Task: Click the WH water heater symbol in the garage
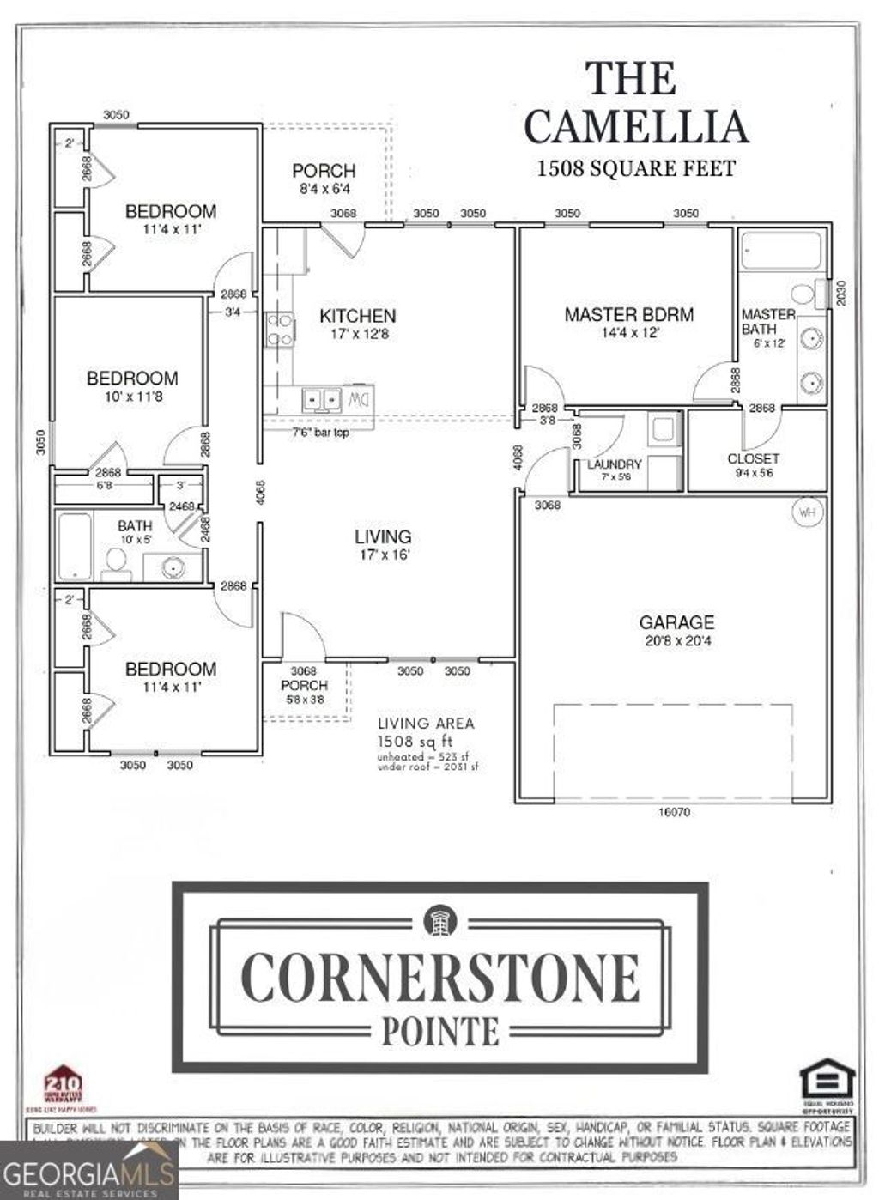(x=807, y=512)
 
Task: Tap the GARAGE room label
(x=676, y=622)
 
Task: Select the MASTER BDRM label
(x=629, y=315)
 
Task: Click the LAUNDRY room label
(x=615, y=464)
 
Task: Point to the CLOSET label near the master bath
(x=753, y=458)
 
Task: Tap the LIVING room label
(x=383, y=536)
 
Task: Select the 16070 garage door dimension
(x=674, y=812)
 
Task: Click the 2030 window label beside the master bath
(x=841, y=294)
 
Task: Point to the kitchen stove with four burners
(x=280, y=330)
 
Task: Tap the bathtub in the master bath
(x=780, y=252)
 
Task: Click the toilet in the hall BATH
(x=115, y=561)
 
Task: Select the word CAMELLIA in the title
(x=636, y=127)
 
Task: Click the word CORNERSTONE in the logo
(x=440, y=977)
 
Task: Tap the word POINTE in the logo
(x=440, y=1030)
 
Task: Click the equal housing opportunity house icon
(x=827, y=1079)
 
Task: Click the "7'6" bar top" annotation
(x=320, y=433)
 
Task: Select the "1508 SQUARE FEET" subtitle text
(x=636, y=168)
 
